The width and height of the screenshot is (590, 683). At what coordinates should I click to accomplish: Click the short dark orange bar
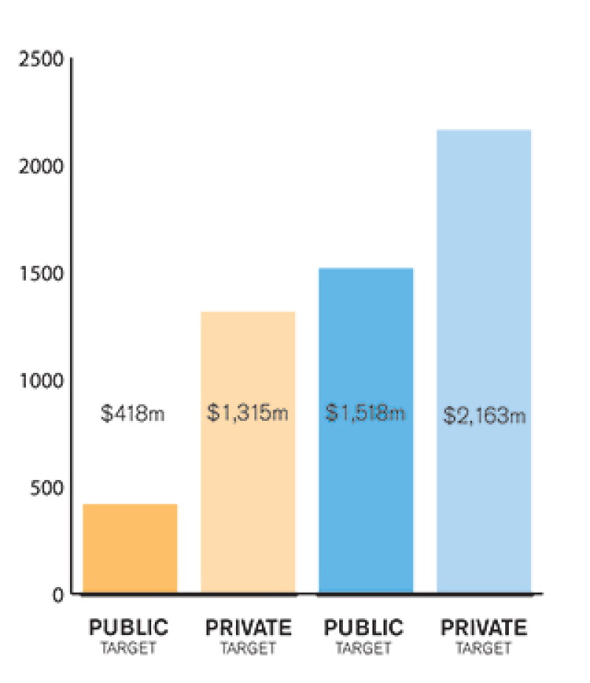[130, 549]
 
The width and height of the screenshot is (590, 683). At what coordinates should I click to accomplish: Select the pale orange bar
[248, 452]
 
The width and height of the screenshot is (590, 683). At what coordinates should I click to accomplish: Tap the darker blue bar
[366, 430]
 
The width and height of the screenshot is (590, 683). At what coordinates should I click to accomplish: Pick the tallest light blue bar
[484, 361]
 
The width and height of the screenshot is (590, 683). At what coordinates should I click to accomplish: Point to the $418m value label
[132, 413]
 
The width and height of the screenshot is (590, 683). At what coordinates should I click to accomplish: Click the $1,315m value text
[247, 413]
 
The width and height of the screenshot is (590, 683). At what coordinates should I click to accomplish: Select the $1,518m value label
[365, 413]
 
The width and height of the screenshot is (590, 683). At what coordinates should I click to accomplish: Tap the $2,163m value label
[485, 415]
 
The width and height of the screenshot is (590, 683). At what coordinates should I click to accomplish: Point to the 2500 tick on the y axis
[41, 59]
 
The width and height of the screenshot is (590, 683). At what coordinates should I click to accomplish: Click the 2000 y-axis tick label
[41, 166]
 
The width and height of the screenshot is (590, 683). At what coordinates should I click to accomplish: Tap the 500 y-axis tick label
[47, 488]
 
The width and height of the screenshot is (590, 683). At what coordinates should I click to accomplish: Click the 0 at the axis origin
[58, 595]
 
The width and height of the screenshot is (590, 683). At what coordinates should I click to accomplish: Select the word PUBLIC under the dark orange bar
[129, 628]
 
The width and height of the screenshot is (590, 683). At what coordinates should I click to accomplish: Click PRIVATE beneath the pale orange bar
[249, 628]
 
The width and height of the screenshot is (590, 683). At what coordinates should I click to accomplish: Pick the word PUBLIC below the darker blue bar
[364, 628]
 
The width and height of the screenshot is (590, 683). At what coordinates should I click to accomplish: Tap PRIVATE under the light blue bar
[484, 628]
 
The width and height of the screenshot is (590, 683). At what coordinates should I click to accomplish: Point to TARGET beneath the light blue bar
[483, 648]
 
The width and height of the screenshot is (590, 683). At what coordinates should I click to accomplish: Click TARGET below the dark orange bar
[129, 648]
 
